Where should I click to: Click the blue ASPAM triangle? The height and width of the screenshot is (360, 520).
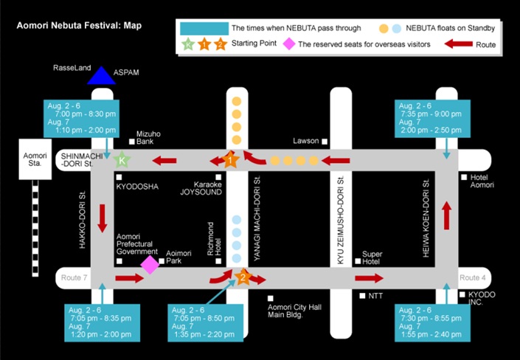coord(102,76)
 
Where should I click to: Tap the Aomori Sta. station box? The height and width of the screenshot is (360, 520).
coord(35,159)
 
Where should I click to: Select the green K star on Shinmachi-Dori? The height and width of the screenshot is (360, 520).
coord(122,160)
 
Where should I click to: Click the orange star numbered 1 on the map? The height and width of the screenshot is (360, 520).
coord(230,160)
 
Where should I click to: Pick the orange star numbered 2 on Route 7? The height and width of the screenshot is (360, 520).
coord(243,277)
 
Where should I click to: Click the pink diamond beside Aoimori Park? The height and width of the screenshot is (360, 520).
coord(150,265)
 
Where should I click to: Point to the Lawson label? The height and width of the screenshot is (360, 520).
coord(306,141)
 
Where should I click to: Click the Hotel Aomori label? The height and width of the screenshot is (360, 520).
coord(482,181)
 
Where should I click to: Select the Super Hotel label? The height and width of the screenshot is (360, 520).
coord(372,257)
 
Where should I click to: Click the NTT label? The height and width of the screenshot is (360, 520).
coord(375,296)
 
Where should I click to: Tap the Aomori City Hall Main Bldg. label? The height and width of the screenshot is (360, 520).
coord(294,311)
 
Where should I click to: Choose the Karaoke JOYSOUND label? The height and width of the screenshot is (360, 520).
coord(201,188)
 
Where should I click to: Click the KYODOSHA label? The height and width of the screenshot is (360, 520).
coord(137,187)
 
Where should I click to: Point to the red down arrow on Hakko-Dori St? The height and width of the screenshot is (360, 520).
coord(102,218)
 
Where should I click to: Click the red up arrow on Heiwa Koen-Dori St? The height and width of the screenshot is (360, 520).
coord(447,215)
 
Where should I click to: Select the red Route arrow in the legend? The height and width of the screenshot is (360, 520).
coord(458,44)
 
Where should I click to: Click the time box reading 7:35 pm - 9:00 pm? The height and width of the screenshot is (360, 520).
coord(432,118)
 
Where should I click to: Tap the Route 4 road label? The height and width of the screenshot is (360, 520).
coord(473,277)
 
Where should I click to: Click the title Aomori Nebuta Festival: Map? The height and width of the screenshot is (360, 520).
coord(79,26)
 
